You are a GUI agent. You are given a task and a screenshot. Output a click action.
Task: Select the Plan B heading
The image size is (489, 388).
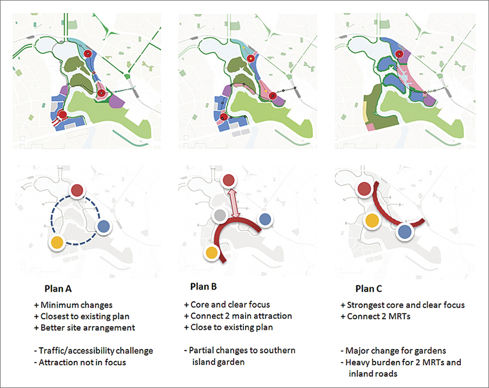click(206, 286)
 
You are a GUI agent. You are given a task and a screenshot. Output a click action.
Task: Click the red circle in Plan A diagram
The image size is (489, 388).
click(78, 190)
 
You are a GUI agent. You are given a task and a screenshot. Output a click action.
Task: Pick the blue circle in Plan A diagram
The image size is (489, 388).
click(104, 227)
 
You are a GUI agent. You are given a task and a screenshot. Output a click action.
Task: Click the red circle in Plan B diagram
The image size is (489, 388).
click(229, 180)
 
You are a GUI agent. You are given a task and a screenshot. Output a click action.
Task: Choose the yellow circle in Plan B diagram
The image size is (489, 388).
click(210, 253)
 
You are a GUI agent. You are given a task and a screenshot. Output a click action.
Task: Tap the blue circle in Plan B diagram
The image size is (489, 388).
click(265, 219)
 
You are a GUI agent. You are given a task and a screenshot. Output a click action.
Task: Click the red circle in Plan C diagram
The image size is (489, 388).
click(365, 189)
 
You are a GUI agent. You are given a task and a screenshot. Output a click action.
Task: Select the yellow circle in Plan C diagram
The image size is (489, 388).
click(371, 220)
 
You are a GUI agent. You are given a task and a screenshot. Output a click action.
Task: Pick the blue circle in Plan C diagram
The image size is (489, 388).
click(404, 232)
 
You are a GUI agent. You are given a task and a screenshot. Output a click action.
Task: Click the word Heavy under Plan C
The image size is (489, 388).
click(358, 362)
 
